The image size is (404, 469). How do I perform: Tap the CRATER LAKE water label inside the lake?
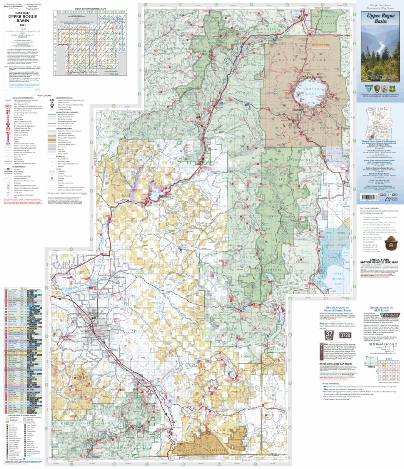point(308,94)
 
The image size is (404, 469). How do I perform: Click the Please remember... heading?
point(330,384)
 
